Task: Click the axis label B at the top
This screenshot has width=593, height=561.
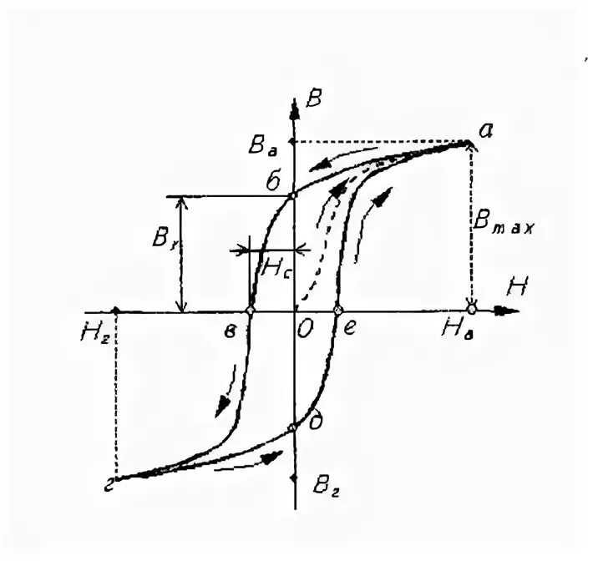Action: point(314,99)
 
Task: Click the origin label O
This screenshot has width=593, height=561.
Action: point(305,330)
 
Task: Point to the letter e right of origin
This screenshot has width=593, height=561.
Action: point(351,330)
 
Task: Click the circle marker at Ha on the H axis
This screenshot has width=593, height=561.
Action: point(472,310)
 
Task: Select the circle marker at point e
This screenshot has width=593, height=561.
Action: point(337,311)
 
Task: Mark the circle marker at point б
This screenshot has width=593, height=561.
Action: point(292,197)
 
